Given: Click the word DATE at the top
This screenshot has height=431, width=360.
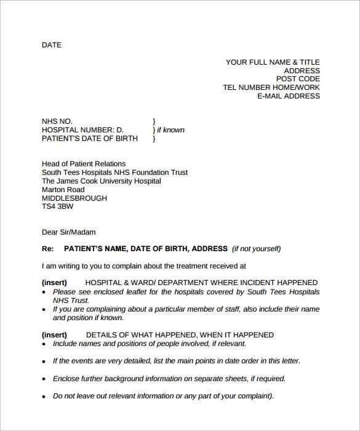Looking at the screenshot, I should coord(52,45).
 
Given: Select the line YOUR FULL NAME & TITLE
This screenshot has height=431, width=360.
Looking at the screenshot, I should coord(273,62).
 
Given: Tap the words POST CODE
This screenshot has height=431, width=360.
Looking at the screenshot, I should coord(298,79).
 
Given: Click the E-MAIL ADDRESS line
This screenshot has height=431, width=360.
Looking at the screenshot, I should coord(288,97).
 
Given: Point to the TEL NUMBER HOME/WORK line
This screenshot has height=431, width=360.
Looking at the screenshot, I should coord(271,88).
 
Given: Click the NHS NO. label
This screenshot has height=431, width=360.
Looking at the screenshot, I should coord(57,121).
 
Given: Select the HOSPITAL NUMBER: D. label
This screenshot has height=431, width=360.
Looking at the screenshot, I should coord(82,130).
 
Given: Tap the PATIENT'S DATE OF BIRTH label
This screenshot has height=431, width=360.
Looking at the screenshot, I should coord(90,139).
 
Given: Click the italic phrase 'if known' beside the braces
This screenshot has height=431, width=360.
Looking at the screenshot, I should coord(170,130).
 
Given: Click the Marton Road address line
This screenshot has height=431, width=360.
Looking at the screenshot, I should coord(64,190).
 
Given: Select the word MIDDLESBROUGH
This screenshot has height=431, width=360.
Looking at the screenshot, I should coord(74,199).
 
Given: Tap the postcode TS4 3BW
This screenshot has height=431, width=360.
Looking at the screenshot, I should coord(58,207).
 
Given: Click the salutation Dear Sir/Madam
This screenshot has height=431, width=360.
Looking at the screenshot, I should coord(69,233).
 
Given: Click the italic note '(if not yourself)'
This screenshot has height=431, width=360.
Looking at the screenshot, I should coord(256,249).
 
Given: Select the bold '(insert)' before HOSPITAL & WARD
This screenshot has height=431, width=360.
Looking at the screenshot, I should coord(54,283).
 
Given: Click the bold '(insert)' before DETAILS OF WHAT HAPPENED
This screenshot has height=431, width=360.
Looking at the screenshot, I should coord(54,335).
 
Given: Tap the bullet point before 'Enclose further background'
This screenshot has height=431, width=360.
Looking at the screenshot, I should coord(44,379).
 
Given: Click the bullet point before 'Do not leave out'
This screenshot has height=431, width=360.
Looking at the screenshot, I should coord(44,397).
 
